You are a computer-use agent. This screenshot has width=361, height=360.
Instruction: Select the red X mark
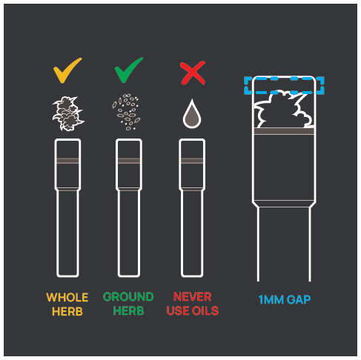(x=193, y=73)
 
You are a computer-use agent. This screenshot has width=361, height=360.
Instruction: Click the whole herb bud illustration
(x=68, y=113)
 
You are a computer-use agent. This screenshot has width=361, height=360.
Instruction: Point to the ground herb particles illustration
(x=126, y=112)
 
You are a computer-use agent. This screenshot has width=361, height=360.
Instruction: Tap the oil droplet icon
(x=192, y=114)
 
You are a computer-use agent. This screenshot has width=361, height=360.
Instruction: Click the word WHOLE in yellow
(x=67, y=298)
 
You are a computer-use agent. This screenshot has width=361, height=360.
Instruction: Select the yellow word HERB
(x=67, y=312)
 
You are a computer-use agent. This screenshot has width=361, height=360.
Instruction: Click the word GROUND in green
(x=128, y=297)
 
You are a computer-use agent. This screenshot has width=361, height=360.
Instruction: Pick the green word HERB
(x=128, y=311)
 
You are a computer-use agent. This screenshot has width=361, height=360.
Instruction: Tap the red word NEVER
(x=192, y=297)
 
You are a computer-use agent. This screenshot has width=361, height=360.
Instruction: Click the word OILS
(x=205, y=311)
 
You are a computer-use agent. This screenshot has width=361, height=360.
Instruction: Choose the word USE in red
(x=178, y=311)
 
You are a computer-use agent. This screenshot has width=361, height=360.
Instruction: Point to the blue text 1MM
(x=271, y=300)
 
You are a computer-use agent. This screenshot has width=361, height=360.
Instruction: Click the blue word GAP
(x=299, y=300)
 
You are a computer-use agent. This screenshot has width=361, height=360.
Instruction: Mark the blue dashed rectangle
(x=284, y=79)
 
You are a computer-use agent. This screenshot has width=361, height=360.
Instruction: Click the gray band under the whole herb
(x=67, y=161)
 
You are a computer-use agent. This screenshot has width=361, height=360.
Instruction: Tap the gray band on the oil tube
(x=192, y=161)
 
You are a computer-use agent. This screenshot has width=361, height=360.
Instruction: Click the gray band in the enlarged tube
(x=284, y=131)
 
